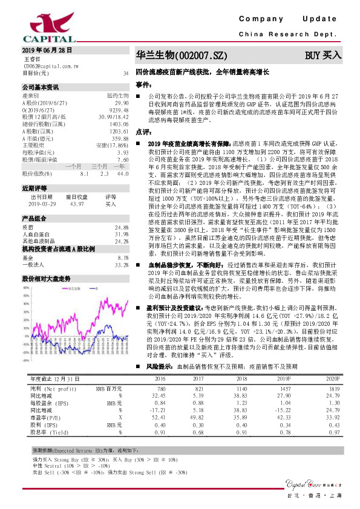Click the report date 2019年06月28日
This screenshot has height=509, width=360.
point(47,50)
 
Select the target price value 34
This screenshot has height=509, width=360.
point(125,73)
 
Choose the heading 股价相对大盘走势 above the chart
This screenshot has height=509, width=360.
point(47,279)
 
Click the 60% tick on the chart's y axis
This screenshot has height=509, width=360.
point(26,288)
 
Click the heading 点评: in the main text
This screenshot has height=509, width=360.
point(143,131)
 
